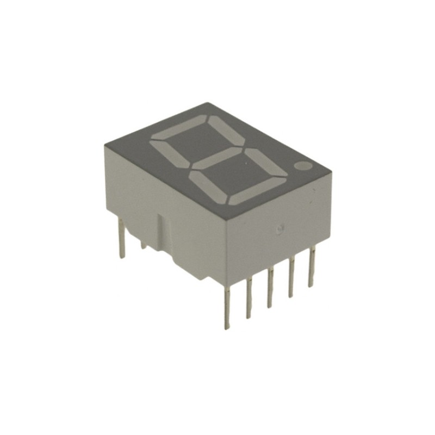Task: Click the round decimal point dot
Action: [x=303, y=165]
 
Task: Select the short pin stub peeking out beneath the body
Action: [x=143, y=246]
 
